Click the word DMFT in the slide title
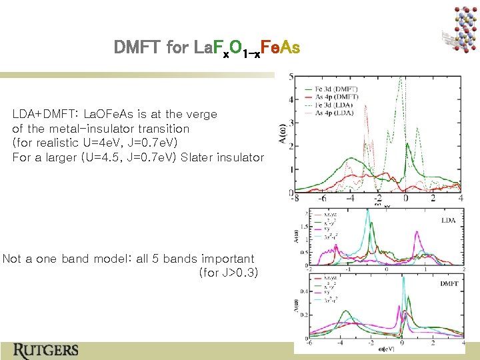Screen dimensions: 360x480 pos(137,48)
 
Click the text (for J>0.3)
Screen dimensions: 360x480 pos(229,273)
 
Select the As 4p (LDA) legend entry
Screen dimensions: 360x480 pos(337,114)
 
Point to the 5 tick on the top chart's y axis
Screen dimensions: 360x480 pos(291,77)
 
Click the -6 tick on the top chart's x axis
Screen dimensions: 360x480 pos(322,199)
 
